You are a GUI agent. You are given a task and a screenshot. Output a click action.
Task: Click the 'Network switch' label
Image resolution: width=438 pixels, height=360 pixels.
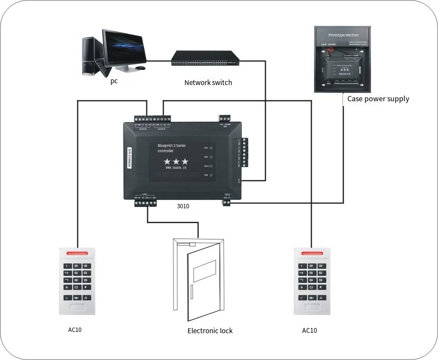[x=208, y=82]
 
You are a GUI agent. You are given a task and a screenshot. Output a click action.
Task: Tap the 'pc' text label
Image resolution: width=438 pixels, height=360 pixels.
[x=114, y=81]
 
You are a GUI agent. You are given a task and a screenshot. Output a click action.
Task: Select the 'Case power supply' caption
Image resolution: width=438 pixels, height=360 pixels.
[x=378, y=99]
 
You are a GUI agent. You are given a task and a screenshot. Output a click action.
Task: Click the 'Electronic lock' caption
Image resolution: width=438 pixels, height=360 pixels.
[x=210, y=331]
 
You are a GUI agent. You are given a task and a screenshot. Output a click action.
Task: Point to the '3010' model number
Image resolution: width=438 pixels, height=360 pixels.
[x=183, y=206]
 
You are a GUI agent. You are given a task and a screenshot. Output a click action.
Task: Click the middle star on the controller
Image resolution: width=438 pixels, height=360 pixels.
[x=176, y=161]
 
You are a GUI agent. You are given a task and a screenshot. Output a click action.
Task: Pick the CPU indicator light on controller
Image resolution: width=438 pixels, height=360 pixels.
[x=211, y=148]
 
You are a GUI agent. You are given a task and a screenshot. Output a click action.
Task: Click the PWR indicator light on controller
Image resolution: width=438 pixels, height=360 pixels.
[x=211, y=175]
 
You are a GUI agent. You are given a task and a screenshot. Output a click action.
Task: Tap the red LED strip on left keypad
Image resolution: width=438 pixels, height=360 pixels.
[x=78, y=253]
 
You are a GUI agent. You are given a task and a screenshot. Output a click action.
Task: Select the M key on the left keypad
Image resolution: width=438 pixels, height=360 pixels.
[x=87, y=298]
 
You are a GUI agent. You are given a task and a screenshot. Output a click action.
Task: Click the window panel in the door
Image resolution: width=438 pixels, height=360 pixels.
[x=205, y=271]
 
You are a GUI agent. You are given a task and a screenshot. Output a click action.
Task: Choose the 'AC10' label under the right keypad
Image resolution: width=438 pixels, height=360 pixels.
[x=309, y=330]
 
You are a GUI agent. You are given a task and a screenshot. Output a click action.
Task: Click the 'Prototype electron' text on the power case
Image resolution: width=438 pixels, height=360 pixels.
[x=343, y=35]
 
